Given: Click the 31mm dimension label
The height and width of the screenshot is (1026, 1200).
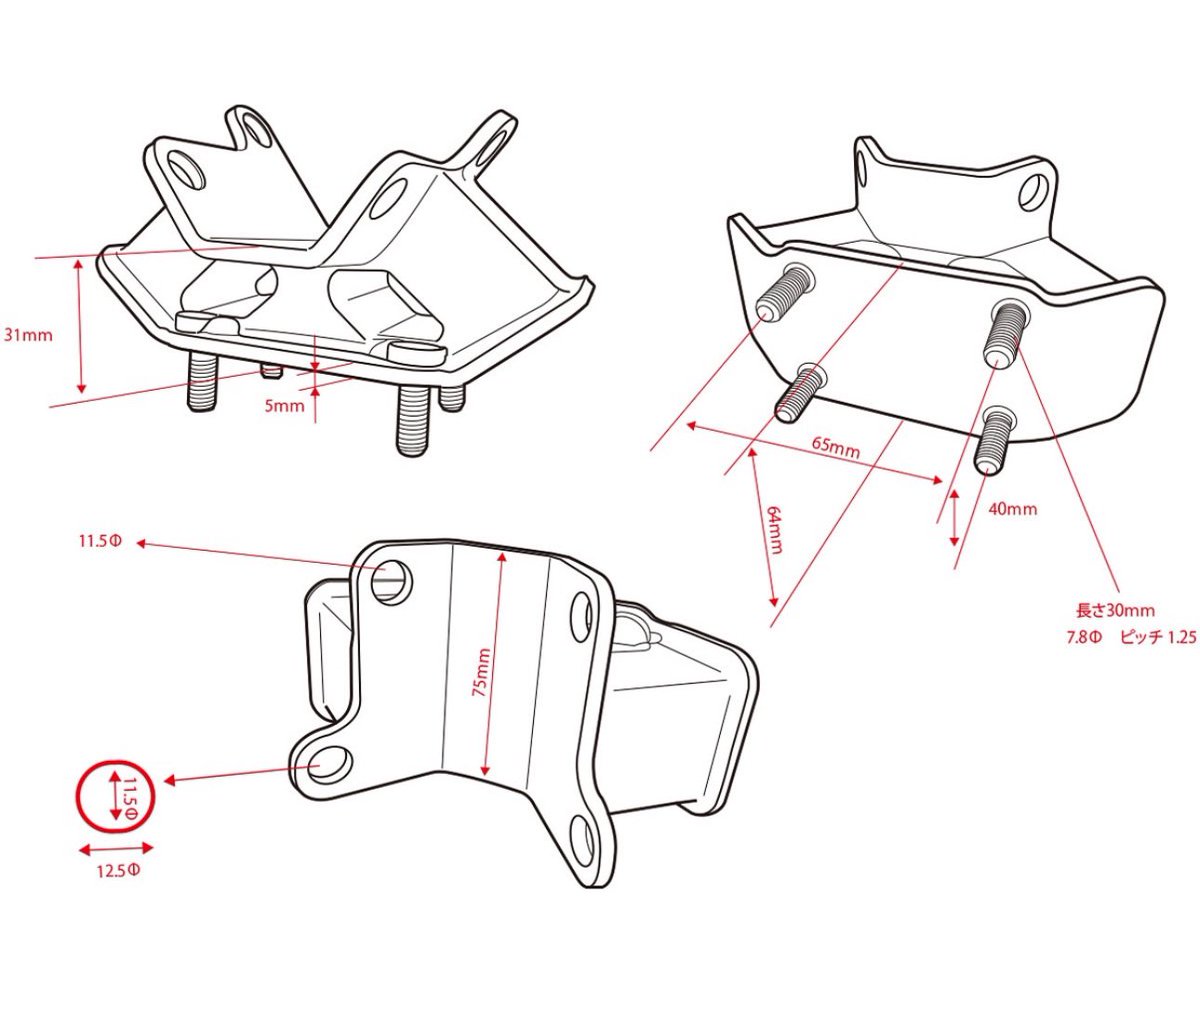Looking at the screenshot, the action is (x=28, y=335).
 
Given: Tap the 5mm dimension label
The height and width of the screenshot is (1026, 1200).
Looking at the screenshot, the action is (x=284, y=406).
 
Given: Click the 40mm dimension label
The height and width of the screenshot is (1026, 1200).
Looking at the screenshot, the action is (x=1012, y=509).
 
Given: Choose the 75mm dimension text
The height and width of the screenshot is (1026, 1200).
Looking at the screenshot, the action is (x=482, y=672).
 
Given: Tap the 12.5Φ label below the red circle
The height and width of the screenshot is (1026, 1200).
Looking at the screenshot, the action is (x=118, y=871).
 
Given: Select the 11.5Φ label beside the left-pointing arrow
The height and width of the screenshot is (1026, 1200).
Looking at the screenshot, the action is (x=100, y=541).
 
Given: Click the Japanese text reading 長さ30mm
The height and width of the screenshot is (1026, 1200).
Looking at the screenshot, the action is (x=1115, y=610).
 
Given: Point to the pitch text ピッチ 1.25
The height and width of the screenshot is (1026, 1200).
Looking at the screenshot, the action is (x=1158, y=638).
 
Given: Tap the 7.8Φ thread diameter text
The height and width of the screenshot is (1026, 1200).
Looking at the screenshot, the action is (x=1084, y=638).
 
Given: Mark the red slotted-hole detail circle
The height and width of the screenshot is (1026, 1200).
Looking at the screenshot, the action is (x=117, y=759).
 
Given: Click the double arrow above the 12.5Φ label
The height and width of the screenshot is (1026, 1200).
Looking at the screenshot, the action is (x=116, y=849).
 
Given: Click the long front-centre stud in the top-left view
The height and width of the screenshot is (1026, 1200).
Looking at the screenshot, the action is (x=413, y=420).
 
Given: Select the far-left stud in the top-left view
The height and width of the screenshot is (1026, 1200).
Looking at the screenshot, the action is (x=203, y=381).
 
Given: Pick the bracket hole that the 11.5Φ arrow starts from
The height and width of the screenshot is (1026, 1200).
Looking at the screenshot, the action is (x=391, y=581).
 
